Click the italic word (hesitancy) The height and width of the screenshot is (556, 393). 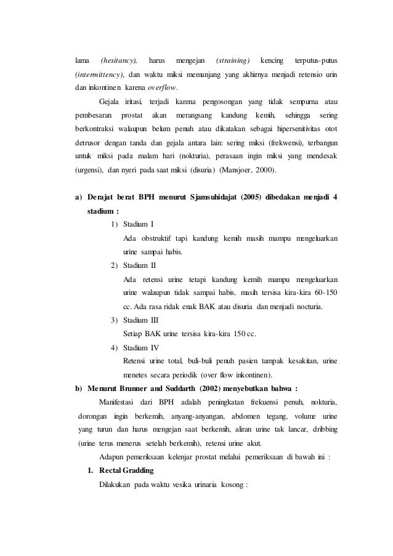point(119,61)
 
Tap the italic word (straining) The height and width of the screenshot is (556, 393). point(232,61)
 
